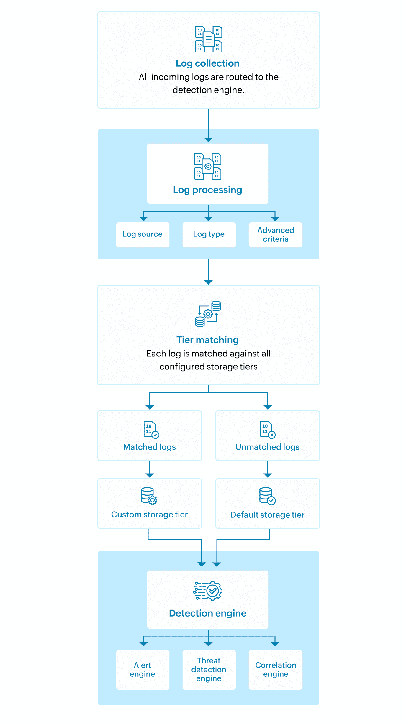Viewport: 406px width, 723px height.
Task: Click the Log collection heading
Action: (207, 63)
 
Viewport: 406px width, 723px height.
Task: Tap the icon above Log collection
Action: (209, 39)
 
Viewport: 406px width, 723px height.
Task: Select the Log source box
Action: (143, 234)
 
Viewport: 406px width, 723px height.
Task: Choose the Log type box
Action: (209, 234)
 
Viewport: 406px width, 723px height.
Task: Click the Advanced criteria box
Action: (276, 234)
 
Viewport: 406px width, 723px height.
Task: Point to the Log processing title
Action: (207, 190)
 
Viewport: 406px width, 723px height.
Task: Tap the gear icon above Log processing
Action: (208, 166)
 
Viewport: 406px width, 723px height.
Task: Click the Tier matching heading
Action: (207, 340)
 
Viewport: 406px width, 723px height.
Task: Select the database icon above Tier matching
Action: (208, 314)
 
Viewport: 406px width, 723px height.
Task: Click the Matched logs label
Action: (150, 447)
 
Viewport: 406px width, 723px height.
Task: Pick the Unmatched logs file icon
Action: (268, 430)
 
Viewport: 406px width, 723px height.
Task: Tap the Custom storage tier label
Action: (150, 515)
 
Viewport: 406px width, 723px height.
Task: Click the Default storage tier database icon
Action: (267, 496)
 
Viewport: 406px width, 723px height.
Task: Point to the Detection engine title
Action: (207, 613)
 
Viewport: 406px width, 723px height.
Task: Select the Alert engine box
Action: (143, 670)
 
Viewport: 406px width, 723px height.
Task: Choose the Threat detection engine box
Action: (209, 670)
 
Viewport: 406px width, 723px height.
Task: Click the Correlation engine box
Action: (276, 670)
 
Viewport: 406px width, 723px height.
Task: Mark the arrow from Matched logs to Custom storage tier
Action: (150, 469)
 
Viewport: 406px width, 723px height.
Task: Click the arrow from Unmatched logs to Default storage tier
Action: (268, 469)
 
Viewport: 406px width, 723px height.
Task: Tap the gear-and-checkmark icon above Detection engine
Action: (208, 591)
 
